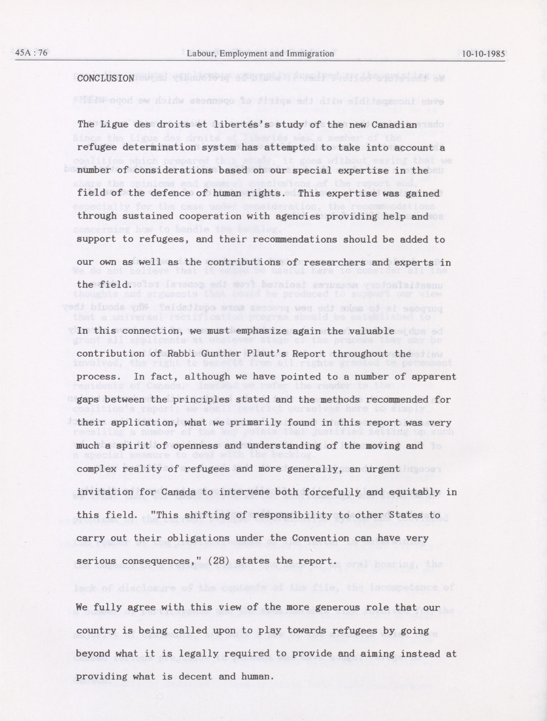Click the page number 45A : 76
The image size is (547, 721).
[31, 53]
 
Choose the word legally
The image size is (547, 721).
[195, 654]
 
